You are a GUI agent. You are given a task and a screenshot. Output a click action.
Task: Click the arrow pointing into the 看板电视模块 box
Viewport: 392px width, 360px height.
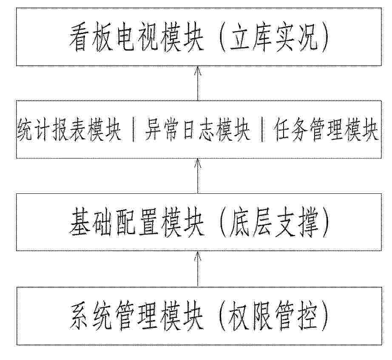pos(198,83)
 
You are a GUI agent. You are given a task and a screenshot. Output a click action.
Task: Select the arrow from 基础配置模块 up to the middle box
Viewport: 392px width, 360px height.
pos(198,176)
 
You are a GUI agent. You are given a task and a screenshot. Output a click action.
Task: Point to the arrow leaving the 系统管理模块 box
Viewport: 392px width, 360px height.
pos(198,269)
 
